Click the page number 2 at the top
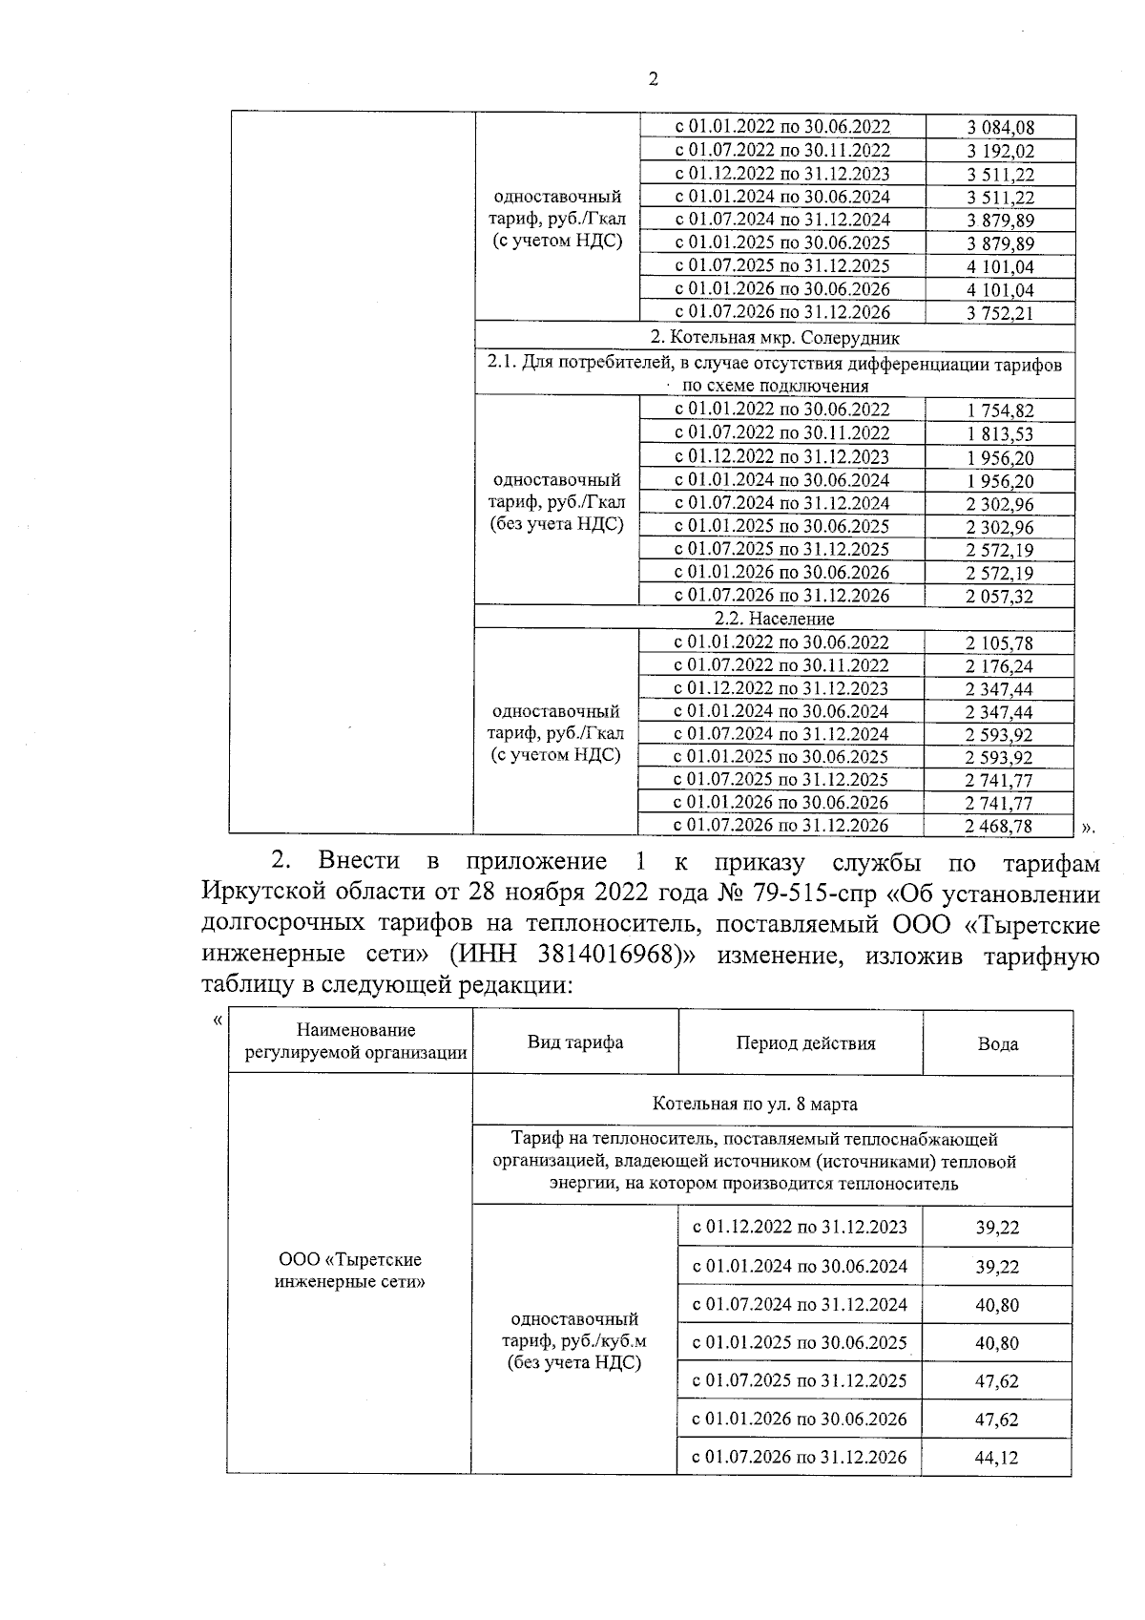(653, 80)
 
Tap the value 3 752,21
(1000, 313)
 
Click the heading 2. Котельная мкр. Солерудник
(775, 338)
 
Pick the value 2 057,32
(1000, 597)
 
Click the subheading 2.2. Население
(775, 619)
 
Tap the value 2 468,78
(999, 827)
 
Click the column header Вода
(997, 1044)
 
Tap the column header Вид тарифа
(575, 1042)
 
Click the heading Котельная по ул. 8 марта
(755, 1105)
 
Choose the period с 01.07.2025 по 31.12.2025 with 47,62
(800, 1380)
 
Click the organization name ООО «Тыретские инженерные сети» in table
(349, 1272)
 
